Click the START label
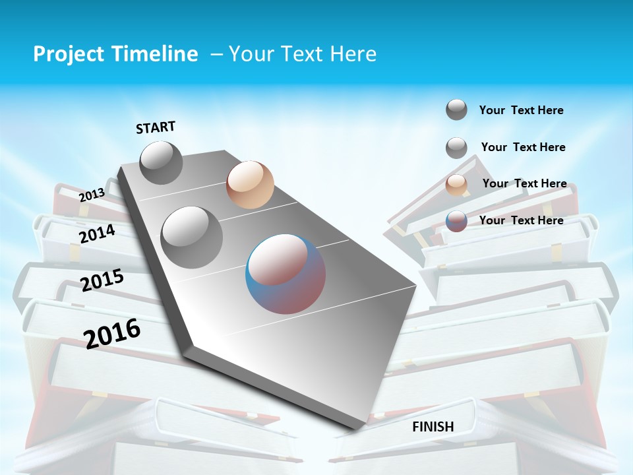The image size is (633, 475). [x=156, y=127]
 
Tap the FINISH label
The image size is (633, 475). [x=433, y=427]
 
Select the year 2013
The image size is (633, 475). [x=92, y=195]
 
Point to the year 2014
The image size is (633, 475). [x=98, y=234]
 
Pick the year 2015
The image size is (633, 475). [x=102, y=280]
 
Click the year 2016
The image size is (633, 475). [x=113, y=333]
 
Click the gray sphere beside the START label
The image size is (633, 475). [x=161, y=162]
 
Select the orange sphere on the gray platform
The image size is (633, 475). [x=250, y=185]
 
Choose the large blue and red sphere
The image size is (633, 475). [x=286, y=274]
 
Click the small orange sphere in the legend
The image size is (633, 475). [x=456, y=184]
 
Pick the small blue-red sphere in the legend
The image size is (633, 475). [x=456, y=221]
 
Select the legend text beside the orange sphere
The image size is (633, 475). [x=524, y=183]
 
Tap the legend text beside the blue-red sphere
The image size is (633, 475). [x=521, y=220]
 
